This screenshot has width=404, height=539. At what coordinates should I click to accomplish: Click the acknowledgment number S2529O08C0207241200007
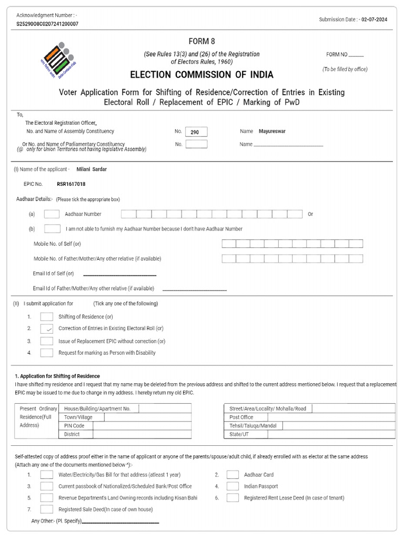click(x=47, y=24)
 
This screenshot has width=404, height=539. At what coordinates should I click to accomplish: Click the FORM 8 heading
click(x=202, y=42)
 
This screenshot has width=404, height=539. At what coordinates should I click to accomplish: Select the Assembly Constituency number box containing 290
click(x=196, y=132)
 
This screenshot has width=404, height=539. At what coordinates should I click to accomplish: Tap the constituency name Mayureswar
click(x=272, y=132)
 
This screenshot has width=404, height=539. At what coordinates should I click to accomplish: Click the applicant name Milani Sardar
click(x=92, y=169)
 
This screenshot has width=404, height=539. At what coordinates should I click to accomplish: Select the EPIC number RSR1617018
click(x=71, y=184)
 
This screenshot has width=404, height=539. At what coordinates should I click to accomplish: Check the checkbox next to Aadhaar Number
click(x=52, y=214)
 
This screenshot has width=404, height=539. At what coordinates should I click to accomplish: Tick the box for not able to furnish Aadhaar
click(x=52, y=229)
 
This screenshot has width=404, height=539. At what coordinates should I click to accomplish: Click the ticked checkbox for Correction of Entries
click(x=47, y=328)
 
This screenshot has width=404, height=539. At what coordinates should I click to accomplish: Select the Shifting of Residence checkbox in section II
click(x=47, y=316)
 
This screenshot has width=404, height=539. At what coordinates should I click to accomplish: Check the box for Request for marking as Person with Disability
click(x=47, y=353)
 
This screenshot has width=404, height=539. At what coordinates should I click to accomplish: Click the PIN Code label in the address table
click(x=74, y=426)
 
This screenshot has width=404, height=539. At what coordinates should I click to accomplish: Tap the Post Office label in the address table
click(x=241, y=417)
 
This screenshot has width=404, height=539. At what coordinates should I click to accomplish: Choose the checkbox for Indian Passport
click(x=233, y=486)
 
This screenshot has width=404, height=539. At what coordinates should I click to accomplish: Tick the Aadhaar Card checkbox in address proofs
click(x=233, y=474)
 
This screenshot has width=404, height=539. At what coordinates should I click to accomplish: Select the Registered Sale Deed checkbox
click(x=47, y=510)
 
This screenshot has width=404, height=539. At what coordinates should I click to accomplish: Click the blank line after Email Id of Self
click(x=120, y=274)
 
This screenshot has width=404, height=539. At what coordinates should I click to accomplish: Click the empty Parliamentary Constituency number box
click(x=196, y=144)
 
